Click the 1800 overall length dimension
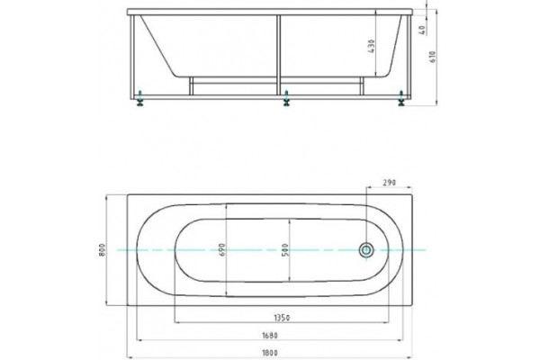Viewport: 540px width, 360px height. [x=271, y=353]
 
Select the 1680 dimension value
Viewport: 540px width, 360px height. [x=270, y=335]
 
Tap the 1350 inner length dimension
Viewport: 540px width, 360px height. [x=282, y=318]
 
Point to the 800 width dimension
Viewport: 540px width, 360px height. [x=102, y=249]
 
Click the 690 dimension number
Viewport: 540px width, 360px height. [x=222, y=249]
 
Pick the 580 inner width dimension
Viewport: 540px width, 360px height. [x=284, y=250]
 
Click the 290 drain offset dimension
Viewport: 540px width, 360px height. [x=390, y=182]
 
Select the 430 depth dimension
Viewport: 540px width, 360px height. [x=371, y=46]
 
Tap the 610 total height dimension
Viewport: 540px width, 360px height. [x=433, y=56]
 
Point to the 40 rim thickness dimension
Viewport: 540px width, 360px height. [x=423, y=30]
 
